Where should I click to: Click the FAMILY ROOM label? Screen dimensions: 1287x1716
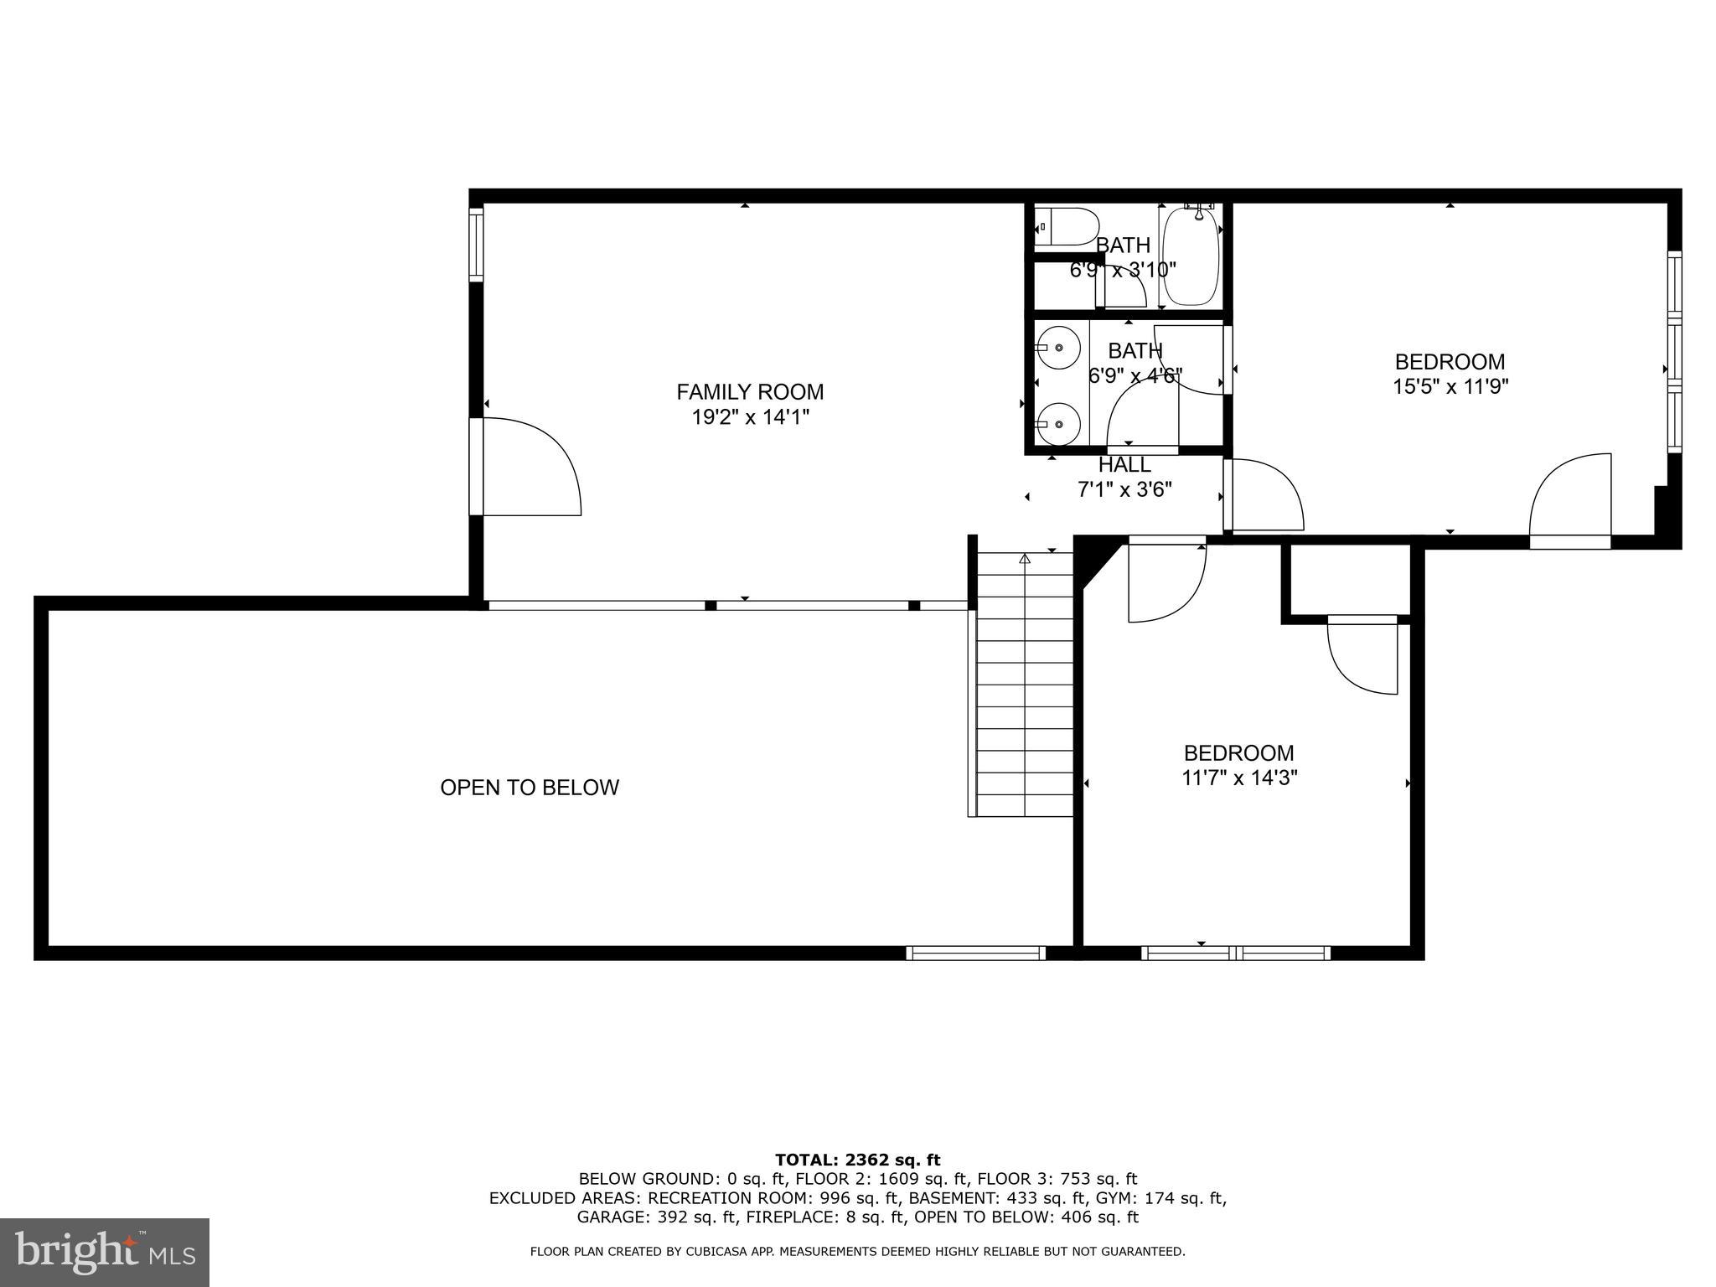point(750,391)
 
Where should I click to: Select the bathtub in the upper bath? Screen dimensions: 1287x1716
point(1189,259)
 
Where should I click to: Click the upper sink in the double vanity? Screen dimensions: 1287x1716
point(1058,347)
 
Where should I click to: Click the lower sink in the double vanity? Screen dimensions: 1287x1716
point(1058,424)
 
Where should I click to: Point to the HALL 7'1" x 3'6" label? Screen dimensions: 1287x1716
point(1124,477)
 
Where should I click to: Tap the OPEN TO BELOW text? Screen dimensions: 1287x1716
point(529,788)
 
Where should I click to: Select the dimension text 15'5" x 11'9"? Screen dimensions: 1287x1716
point(1450,387)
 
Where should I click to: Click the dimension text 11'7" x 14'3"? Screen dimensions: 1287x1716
point(1238,778)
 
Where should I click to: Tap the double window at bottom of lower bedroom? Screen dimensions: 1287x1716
point(1235,953)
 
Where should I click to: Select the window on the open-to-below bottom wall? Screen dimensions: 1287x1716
point(975,953)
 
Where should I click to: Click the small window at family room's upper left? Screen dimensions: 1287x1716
point(476,244)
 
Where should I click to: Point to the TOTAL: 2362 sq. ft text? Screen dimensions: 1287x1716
point(857,1160)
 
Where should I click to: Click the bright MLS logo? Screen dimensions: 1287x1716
point(105,1253)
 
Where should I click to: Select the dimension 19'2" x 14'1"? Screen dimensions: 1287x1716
point(750,417)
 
